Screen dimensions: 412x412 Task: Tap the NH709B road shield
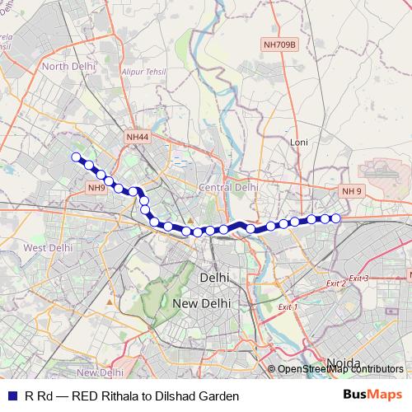pyautogui.click(x=280, y=44)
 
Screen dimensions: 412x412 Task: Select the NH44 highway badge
pyautogui.click(x=138, y=136)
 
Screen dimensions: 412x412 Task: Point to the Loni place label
pyautogui.click(x=298, y=143)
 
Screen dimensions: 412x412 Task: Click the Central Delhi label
pyautogui.click(x=228, y=188)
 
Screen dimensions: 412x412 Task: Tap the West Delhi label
pyautogui.click(x=44, y=247)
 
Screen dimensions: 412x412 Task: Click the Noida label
pyautogui.click(x=344, y=362)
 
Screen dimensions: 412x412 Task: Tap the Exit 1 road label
pyautogui.click(x=287, y=307)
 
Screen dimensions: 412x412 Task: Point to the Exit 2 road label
pyautogui.click(x=336, y=283)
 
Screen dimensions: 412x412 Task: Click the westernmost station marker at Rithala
pyautogui.click(x=77, y=157)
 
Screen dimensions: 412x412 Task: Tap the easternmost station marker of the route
pyautogui.click(x=336, y=218)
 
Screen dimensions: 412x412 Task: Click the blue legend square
pyautogui.click(x=12, y=396)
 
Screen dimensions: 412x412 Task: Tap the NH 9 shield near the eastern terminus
pyautogui.click(x=352, y=191)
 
